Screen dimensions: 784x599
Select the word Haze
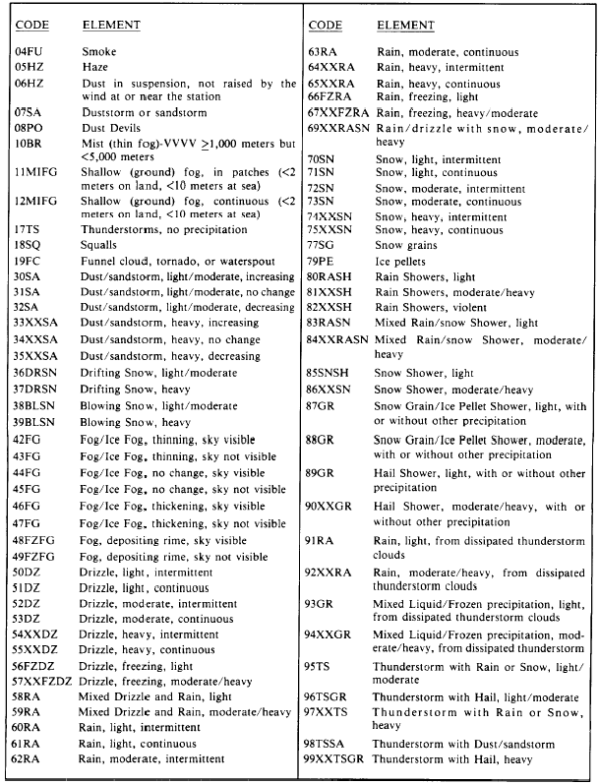(96, 66)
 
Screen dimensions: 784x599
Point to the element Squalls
(101, 244)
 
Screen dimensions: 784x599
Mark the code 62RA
(29, 759)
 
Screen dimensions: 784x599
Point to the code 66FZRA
(329, 97)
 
